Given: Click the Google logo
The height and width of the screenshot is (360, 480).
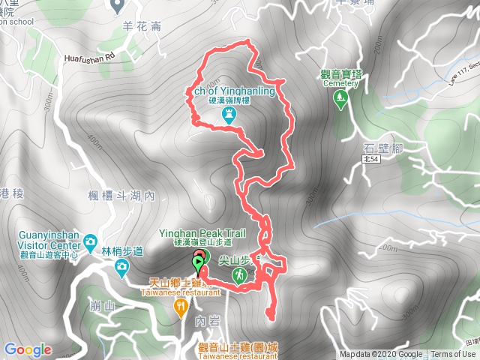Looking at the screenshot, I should (x=28, y=349).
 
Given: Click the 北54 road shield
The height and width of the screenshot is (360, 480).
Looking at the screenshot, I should (x=370, y=160).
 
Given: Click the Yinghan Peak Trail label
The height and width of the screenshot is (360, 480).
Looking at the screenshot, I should (x=202, y=233).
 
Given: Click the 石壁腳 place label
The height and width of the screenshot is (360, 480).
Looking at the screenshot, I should (x=382, y=147).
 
